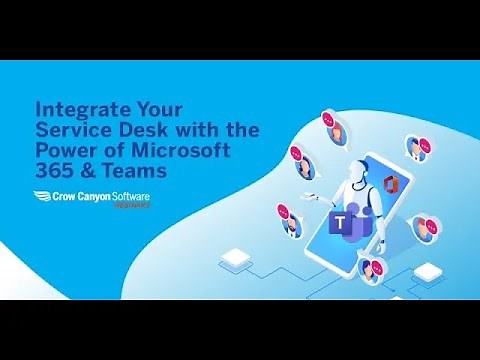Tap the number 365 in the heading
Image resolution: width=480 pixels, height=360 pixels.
click(53, 172)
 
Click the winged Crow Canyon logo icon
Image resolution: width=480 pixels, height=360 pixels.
click(45, 198)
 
